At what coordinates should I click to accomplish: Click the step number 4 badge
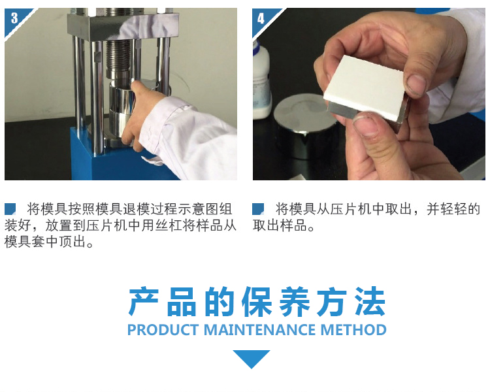pos(261,18)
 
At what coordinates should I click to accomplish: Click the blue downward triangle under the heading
pos(252,359)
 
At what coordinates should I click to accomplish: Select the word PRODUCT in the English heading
pos(163,330)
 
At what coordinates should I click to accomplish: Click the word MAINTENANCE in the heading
pos(259,330)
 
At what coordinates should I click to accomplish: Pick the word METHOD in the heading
pos(353,330)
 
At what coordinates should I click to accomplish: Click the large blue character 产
pos(144,302)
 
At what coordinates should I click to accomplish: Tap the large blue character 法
pos(370,302)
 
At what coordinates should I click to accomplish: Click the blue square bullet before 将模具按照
pos(10,209)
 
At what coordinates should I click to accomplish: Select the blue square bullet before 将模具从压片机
pos(258,209)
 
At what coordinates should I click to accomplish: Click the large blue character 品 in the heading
pos(182,302)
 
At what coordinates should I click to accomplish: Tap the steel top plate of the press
pos(123,27)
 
